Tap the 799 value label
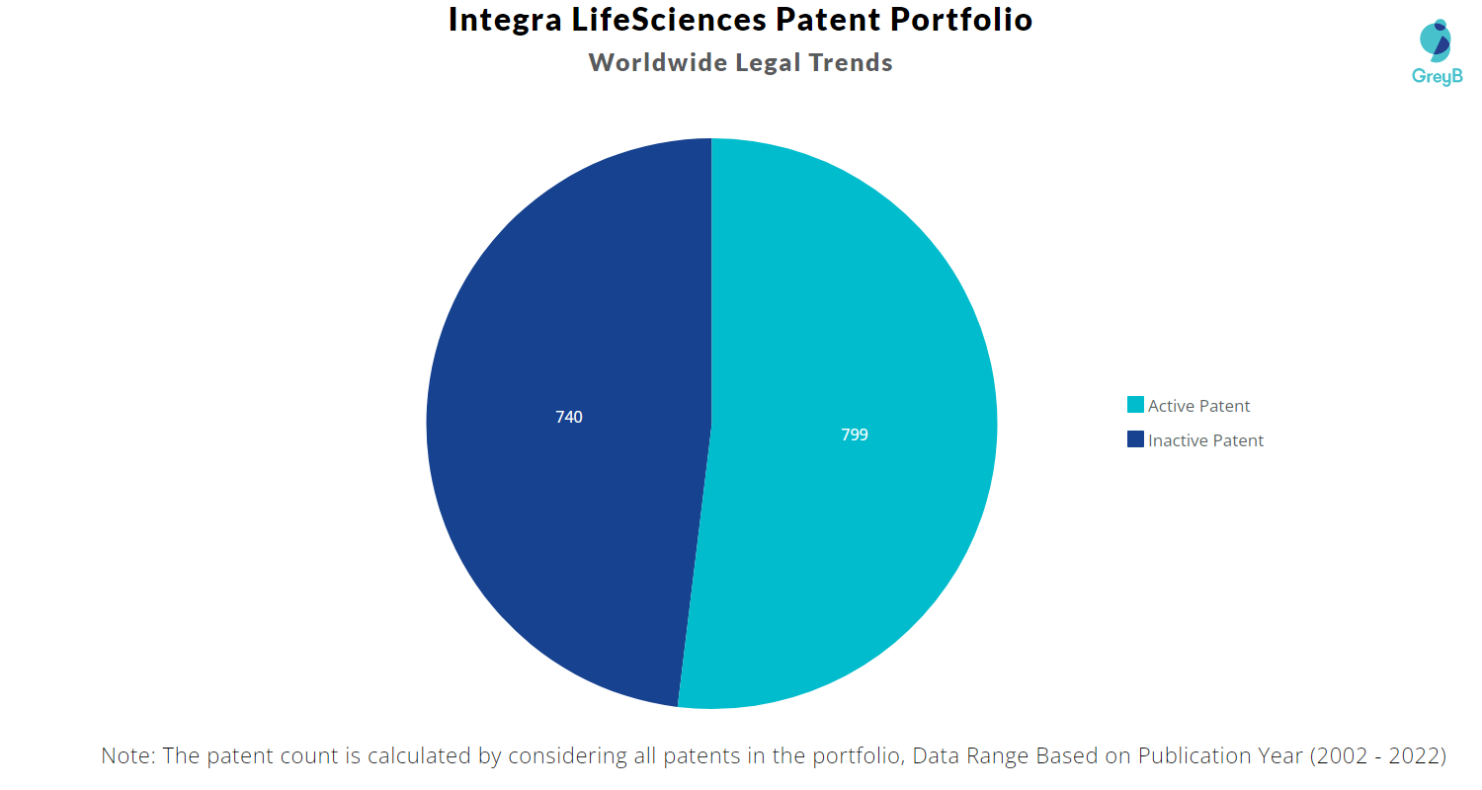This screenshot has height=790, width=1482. tap(855, 434)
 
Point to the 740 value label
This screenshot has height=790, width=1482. tap(569, 418)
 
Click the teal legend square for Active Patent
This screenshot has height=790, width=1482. tap(1135, 405)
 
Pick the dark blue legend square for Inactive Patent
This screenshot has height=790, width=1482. tap(1135, 439)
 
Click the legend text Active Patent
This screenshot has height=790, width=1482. tap(1198, 406)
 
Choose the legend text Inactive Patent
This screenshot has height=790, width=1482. tap(1205, 440)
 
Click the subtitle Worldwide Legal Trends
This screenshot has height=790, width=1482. tap(741, 62)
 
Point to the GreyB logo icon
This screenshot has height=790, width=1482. tap(1436, 39)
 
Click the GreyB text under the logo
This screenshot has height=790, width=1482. tap(1437, 77)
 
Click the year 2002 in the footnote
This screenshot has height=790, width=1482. tap(1342, 756)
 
